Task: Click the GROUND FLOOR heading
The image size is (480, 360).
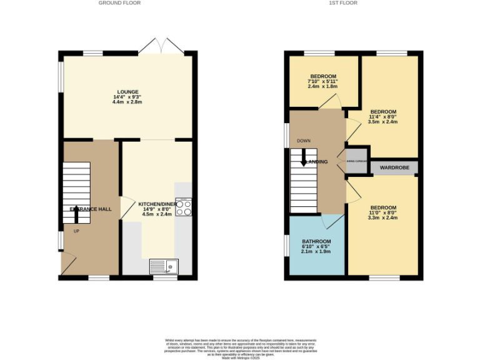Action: tap(119, 3)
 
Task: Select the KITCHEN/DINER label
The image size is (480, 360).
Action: tap(157, 204)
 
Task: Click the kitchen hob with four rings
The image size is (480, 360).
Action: tap(184, 207)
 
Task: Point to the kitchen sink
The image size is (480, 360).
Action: tap(164, 266)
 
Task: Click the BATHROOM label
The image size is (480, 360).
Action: tap(316, 241)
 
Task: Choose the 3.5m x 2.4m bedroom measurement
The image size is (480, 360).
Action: tap(382, 122)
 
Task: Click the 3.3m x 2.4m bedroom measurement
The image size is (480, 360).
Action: tap(382, 219)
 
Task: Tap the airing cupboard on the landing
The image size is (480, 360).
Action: tap(356, 161)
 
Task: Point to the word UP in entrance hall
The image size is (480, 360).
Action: tap(77, 231)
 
